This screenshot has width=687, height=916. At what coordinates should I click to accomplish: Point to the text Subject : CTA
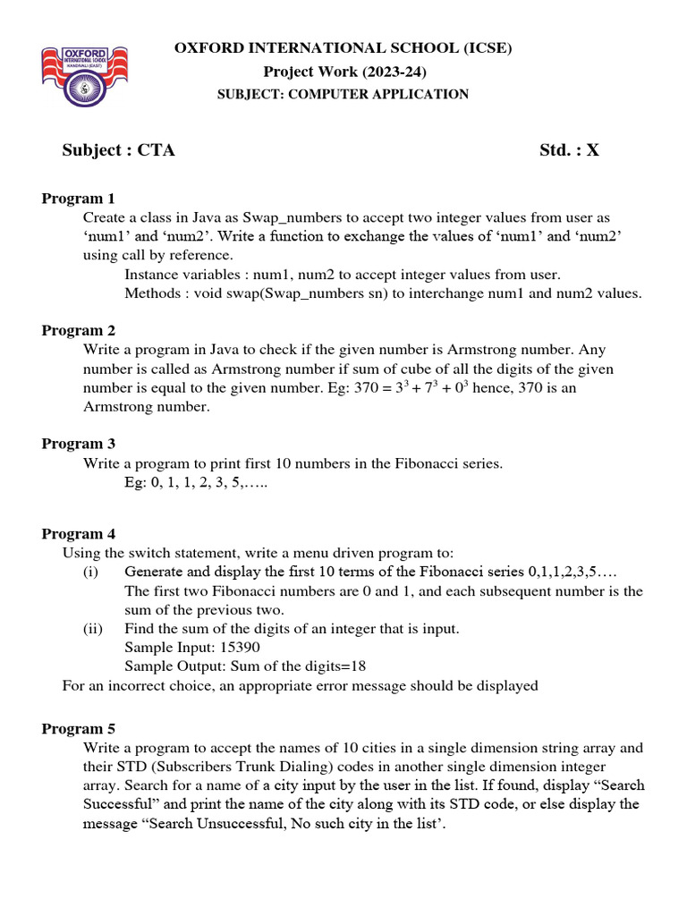[x=118, y=150]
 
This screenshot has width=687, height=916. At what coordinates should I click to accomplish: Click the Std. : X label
[x=569, y=150]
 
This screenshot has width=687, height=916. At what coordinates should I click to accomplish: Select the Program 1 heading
[x=79, y=199]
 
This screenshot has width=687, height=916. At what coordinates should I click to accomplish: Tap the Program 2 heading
[x=79, y=330]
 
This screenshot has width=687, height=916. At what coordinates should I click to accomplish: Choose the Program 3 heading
[x=79, y=443]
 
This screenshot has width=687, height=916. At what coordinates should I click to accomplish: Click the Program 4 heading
[x=79, y=534]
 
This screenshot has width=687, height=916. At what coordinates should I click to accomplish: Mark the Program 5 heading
[x=79, y=728]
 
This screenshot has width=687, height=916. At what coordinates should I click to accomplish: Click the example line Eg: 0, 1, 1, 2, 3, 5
[x=196, y=482]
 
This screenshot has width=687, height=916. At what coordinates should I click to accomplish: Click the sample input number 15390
[x=240, y=648]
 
